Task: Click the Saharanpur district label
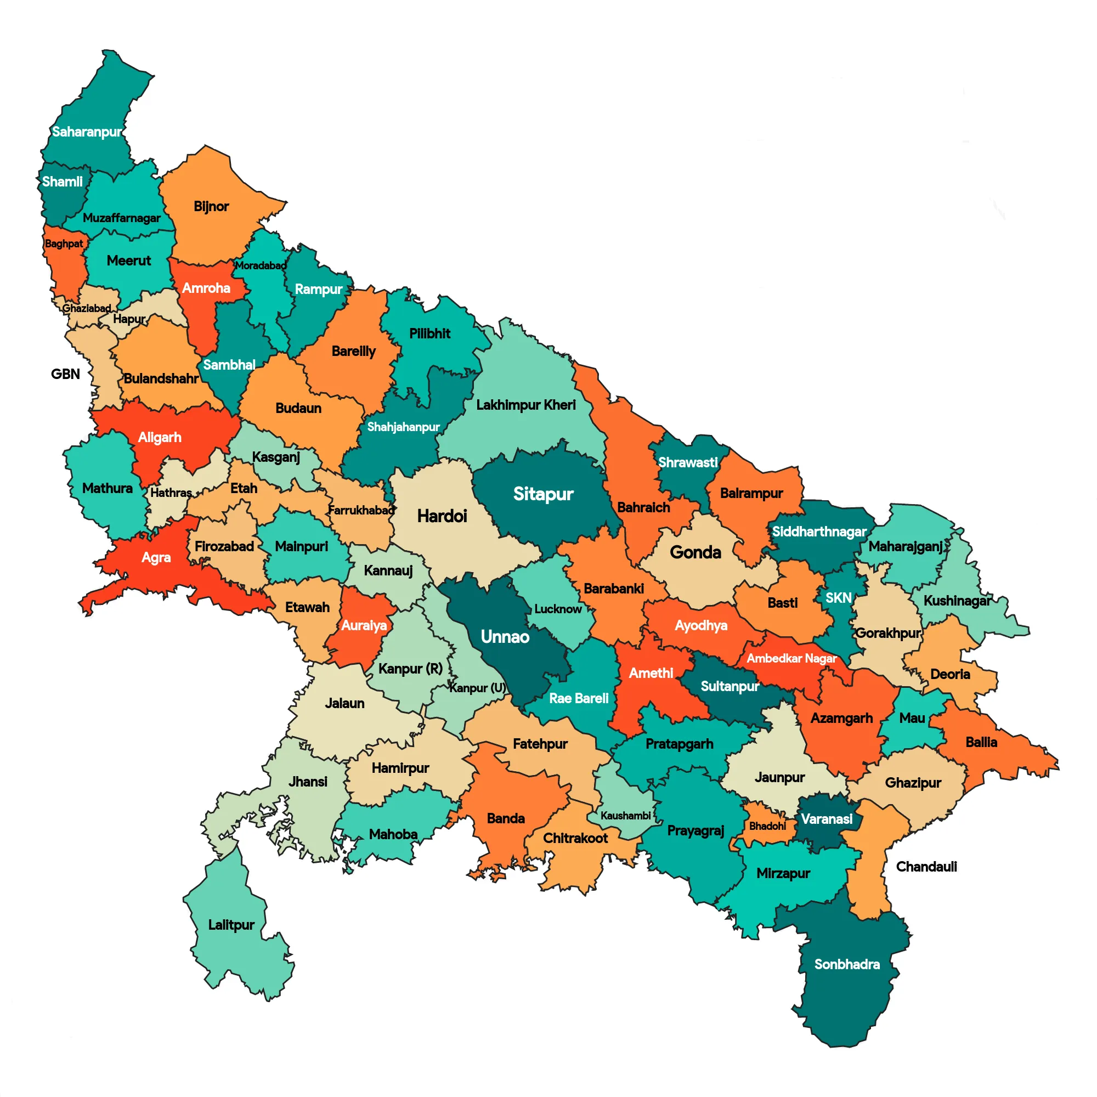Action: tap(86, 132)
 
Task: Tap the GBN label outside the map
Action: tap(65, 374)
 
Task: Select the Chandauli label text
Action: tap(926, 867)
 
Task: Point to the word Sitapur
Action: tap(543, 494)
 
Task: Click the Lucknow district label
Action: tap(558, 609)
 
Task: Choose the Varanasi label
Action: tap(826, 819)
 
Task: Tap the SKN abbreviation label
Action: tap(838, 598)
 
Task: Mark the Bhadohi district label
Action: tap(767, 826)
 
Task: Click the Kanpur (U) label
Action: tap(477, 688)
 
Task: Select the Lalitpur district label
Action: tap(231, 925)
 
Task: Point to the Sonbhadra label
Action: tap(846, 964)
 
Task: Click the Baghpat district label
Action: tap(64, 244)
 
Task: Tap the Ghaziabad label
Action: tap(86, 308)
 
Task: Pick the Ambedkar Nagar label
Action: tap(791, 659)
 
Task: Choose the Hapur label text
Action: tap(129, 319)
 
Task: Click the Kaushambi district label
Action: tap(625, 816)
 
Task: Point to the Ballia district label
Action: tap(981, 742)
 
